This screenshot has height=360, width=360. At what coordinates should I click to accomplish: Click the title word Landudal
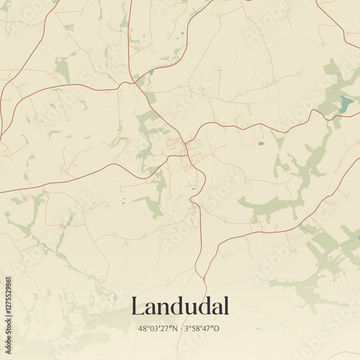coord(180,307)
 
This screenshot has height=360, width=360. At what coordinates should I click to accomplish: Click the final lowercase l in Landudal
coord(226,306)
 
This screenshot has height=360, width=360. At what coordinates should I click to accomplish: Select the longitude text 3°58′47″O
coord(204,329)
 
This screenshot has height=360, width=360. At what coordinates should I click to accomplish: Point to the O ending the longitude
coord(218,329)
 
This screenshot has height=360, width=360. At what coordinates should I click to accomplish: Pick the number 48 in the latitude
coord(143,329)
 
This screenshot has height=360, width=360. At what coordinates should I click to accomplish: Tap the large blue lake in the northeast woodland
coord(346,105)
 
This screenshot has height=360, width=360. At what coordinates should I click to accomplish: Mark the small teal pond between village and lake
coord(261,143)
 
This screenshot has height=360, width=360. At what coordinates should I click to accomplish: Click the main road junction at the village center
coord(186,147)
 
